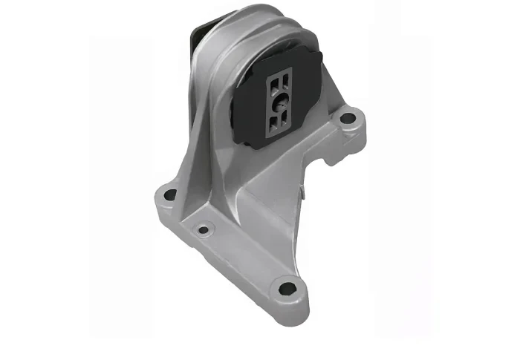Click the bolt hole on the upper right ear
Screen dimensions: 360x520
[346, 117]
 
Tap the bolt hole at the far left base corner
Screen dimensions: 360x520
[170, 195]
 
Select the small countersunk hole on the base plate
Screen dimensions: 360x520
[203, 230]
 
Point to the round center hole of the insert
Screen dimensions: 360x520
[281, 105]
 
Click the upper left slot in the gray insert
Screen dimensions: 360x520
[273, 80]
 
